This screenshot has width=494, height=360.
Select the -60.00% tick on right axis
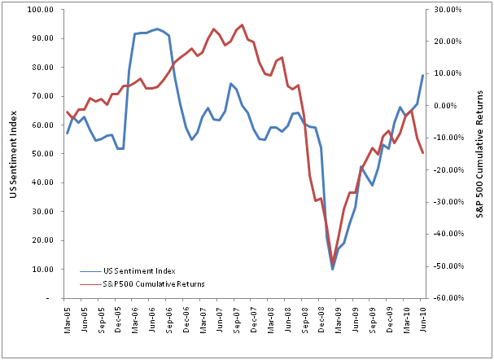[x=446, y=298]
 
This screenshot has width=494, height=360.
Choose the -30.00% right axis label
[x=446, y=202]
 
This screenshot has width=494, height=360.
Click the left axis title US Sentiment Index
[x=12, y=154]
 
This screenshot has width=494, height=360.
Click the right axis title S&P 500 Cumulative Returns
[x=481, y=154]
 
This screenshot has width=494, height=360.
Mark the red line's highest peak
[x=242, y=25]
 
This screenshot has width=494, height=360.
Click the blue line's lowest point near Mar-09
[x=333, y=269]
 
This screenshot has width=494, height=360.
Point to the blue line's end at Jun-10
[x=422, y=76]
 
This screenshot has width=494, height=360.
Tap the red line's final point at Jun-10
[x=422, y=153]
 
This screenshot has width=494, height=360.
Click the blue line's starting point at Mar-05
[x=67, y=133]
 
